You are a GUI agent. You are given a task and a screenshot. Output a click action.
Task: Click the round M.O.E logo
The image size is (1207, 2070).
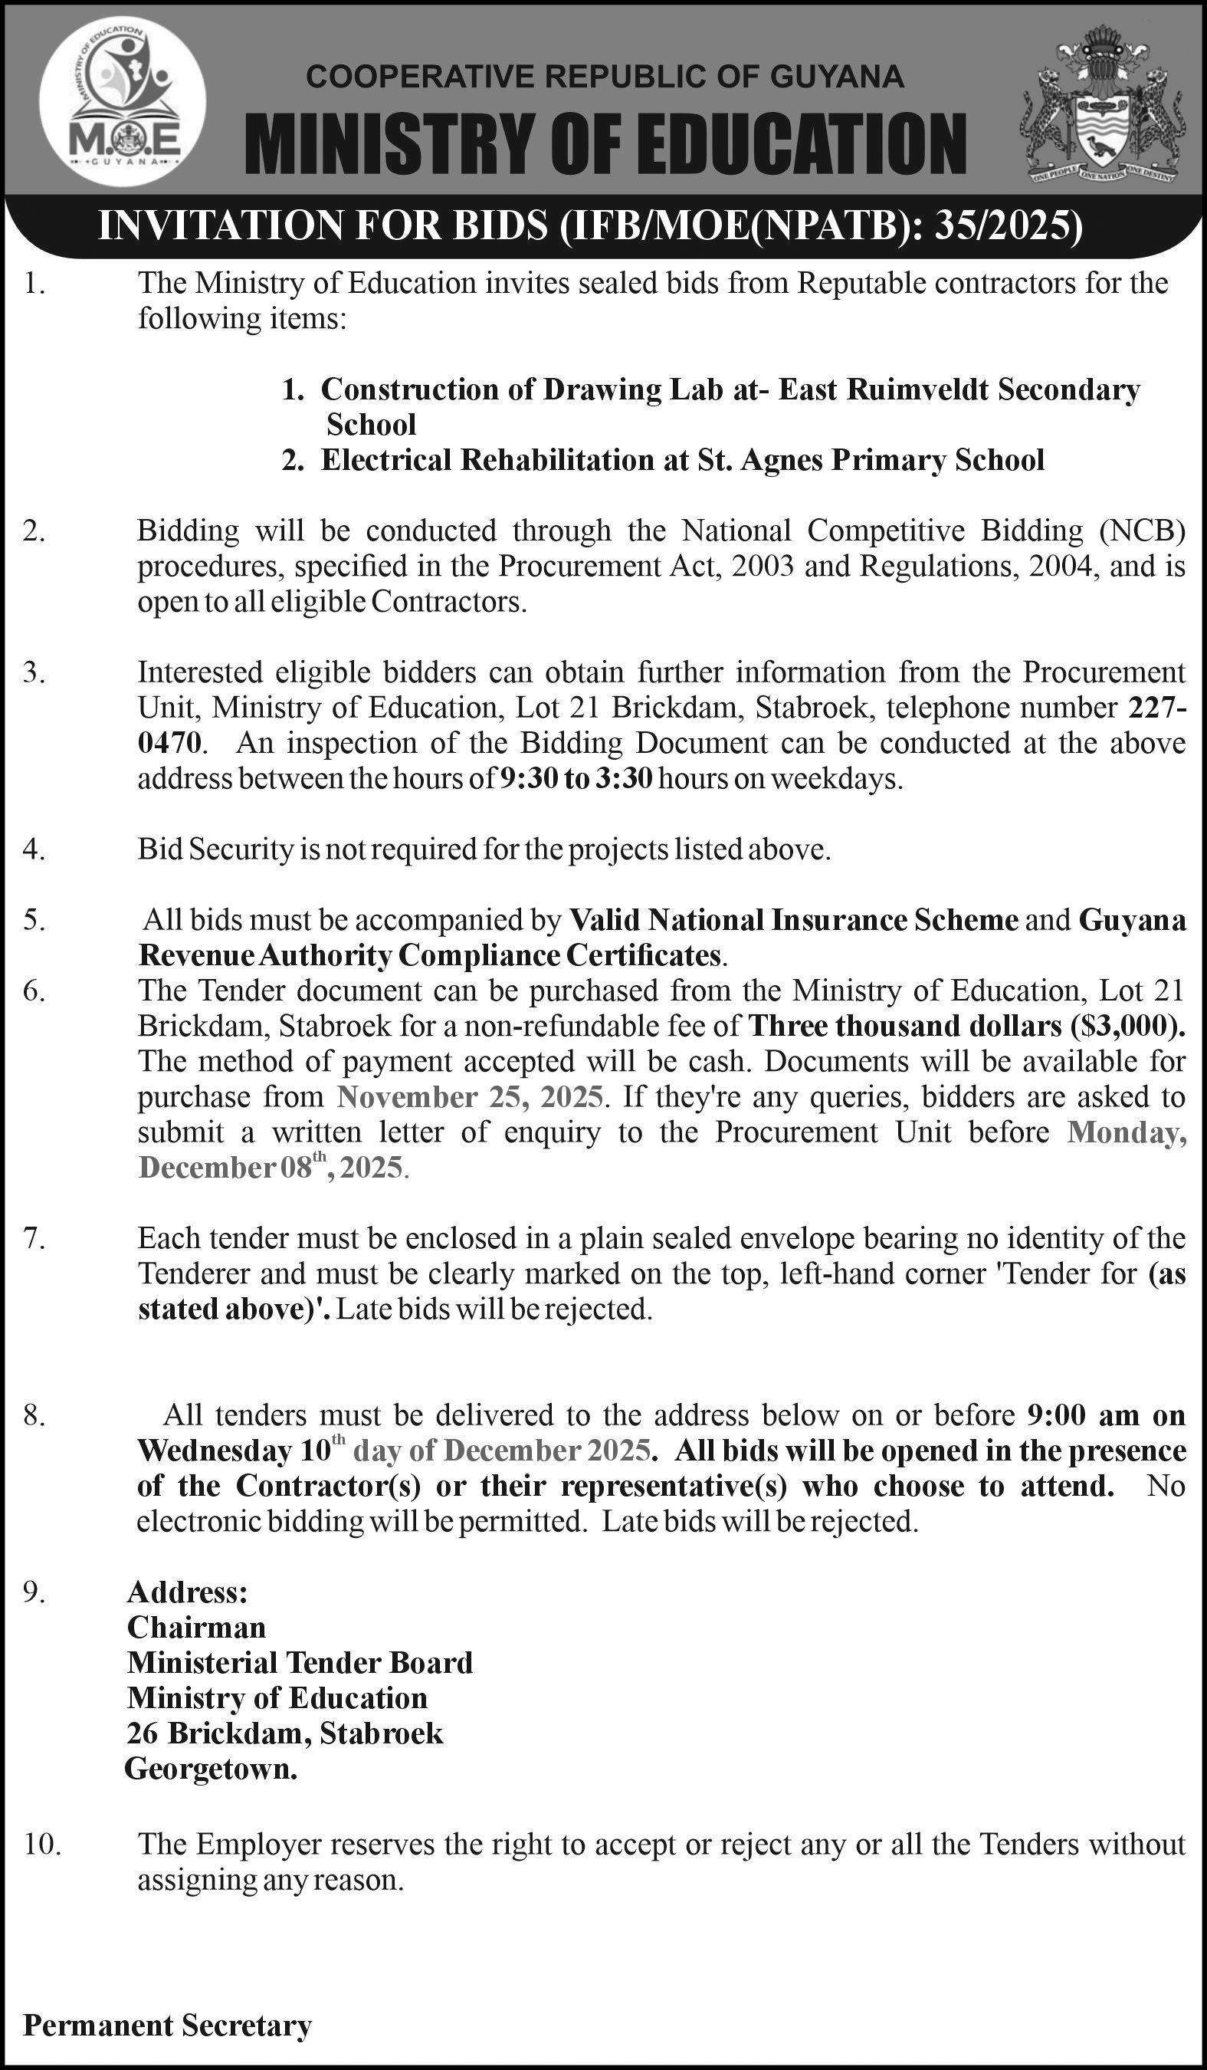[x=123, y=100]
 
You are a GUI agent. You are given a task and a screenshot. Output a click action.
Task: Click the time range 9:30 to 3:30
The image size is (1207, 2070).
[x=576, y=778]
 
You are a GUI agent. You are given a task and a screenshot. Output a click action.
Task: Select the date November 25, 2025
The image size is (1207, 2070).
[x=471, y=1096]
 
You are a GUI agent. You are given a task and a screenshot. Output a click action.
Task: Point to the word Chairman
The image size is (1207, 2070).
[x=196, y=1627]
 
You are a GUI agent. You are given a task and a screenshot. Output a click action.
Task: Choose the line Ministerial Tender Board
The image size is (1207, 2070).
[x=300, y=1663]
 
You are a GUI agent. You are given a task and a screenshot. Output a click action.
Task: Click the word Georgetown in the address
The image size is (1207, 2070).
[x=211, y=1769]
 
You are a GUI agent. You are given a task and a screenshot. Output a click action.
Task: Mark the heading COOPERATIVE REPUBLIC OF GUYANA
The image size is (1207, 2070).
[x=605, y=77]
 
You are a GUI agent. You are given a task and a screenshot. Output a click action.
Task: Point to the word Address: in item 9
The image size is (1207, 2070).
[x=187, y=1592]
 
